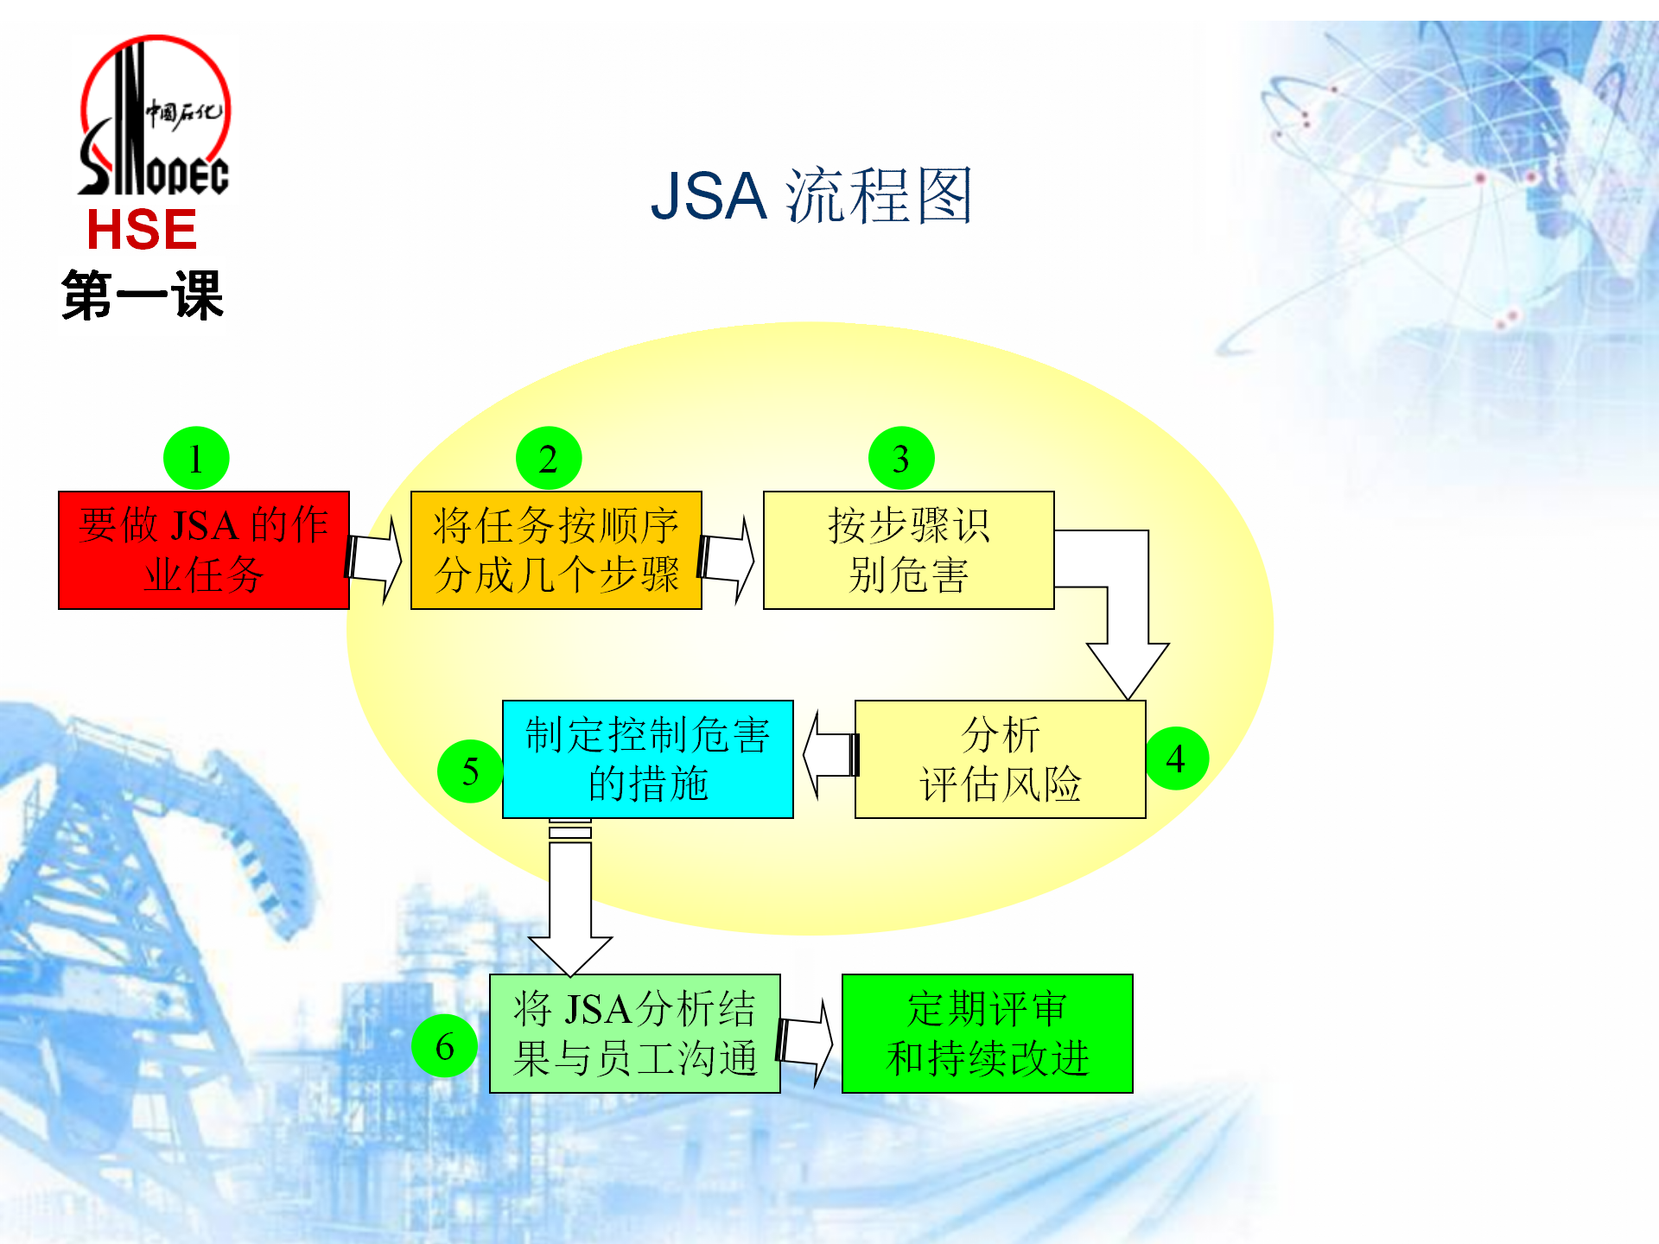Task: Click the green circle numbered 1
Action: coord(196,458)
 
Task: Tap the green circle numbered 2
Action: coord(549,458)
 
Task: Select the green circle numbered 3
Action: coord(901,458)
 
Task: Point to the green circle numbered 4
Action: coord(1176,758)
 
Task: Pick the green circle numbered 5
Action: coord(470,771)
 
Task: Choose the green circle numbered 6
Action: coord(444,1045)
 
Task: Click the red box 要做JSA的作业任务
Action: coord(204,550)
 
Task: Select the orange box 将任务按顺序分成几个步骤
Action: coord(556,550)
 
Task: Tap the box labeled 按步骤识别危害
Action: coord(909,550)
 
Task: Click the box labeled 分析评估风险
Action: coord(1001,759)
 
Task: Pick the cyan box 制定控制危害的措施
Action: coord(648,759)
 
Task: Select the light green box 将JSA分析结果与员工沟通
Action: coord(635,1034)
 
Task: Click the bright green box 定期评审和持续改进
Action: coord(988,1034)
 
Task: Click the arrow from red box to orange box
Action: coord(373,559)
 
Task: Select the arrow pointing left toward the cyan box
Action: coord(830,755)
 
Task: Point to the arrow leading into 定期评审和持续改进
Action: coord(804,1043)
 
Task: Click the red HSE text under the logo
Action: coord(142,230)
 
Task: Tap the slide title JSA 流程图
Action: coord(811,196)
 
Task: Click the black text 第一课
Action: coord(143,295)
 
